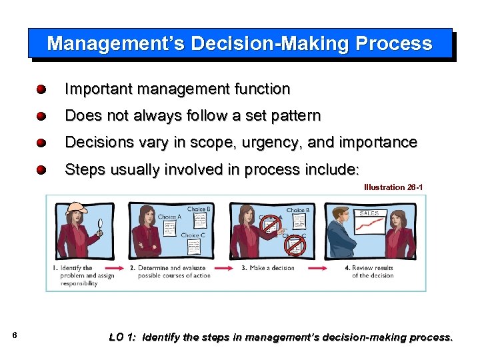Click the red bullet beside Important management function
[x=41, y=89]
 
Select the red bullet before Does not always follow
[x=41, y=116]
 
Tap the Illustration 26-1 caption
[x=393, y=187]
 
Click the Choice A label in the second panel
[x=169, y=217]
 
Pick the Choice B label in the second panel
[x=199, y=209]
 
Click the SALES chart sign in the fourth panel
[x=371, y=213]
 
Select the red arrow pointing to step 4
[x=320, y=268]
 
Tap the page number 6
[x=15, y=335]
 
